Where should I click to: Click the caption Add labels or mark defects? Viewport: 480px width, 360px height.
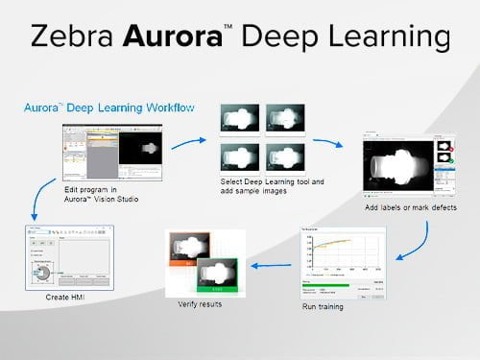411,207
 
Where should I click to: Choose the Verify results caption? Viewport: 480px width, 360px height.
203,304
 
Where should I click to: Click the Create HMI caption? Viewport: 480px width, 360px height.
66,299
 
